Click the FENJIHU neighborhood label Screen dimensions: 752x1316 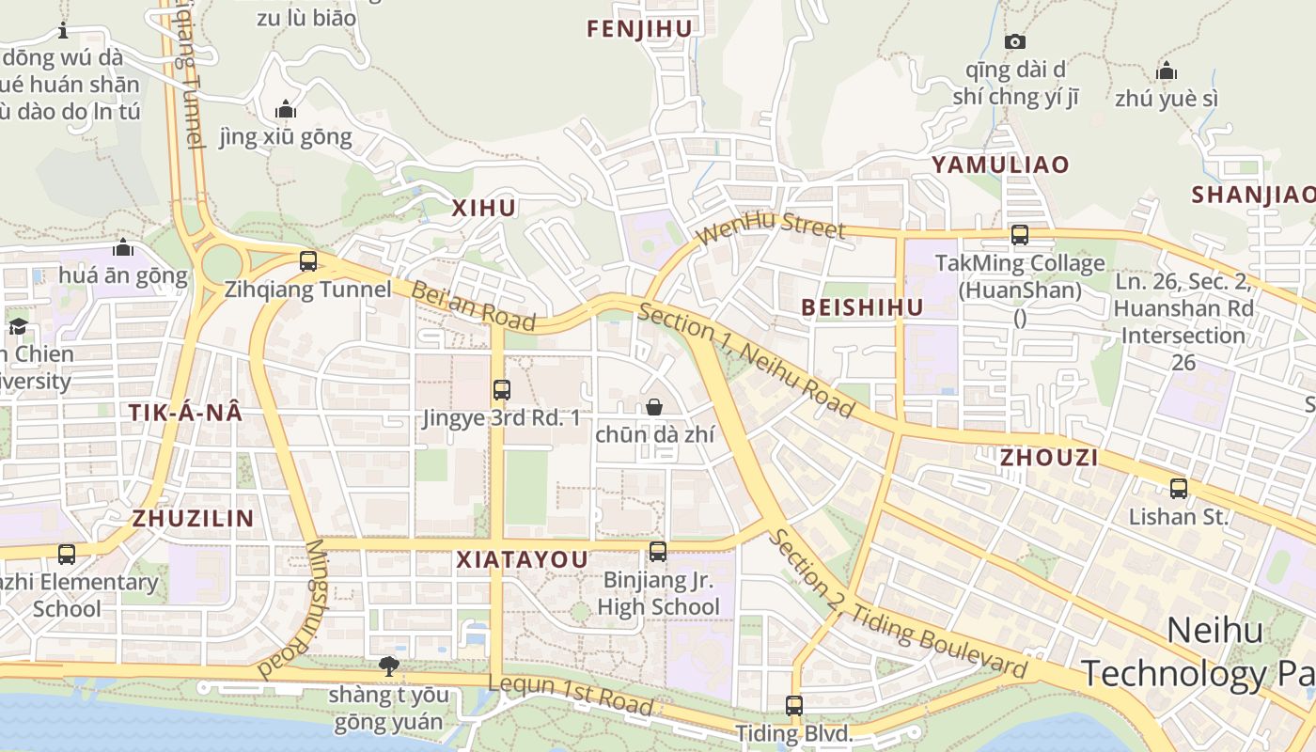pyautogui.click(x=639, y=29)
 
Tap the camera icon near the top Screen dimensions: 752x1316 pyautogui.click(x=1014, y=41)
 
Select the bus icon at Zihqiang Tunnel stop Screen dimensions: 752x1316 pyautogui.click(x=307, y=261)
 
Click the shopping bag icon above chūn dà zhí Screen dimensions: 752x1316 pyautogui.click(x=654, y=407)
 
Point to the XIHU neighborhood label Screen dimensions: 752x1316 pyautogui.click(x=484, y=209)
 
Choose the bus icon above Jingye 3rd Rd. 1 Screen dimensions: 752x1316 pyautogui.click(x=502, y=389)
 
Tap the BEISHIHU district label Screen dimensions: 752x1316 pyautogui.click(x=862, y=307)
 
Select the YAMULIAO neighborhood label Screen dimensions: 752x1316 pyautogui.click(x=1000, y=164)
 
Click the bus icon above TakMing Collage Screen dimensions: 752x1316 pyautogui.click(x=1020, y=235)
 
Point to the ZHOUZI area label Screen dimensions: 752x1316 pyautogui.click(x=1049, y=458)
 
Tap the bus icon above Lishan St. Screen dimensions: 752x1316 pyautogui.click(x=1179, y=488)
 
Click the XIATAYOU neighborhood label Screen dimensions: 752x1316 pyautogui.click(x=522, y=560)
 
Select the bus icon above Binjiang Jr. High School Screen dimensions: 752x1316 pyautogui.click(x=658, y=552)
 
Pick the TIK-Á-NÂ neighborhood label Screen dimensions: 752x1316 pyautogui.click(x=185, y=413)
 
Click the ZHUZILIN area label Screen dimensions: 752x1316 pyautogui.click(x=193, y=518)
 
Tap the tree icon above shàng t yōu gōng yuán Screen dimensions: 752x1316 pyautogui.click(x=387, y=666)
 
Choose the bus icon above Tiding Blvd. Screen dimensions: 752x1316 pyautogui.click(x=794, y=705)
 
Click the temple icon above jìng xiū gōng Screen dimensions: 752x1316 pyautogui.click(x=286, y=110)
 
